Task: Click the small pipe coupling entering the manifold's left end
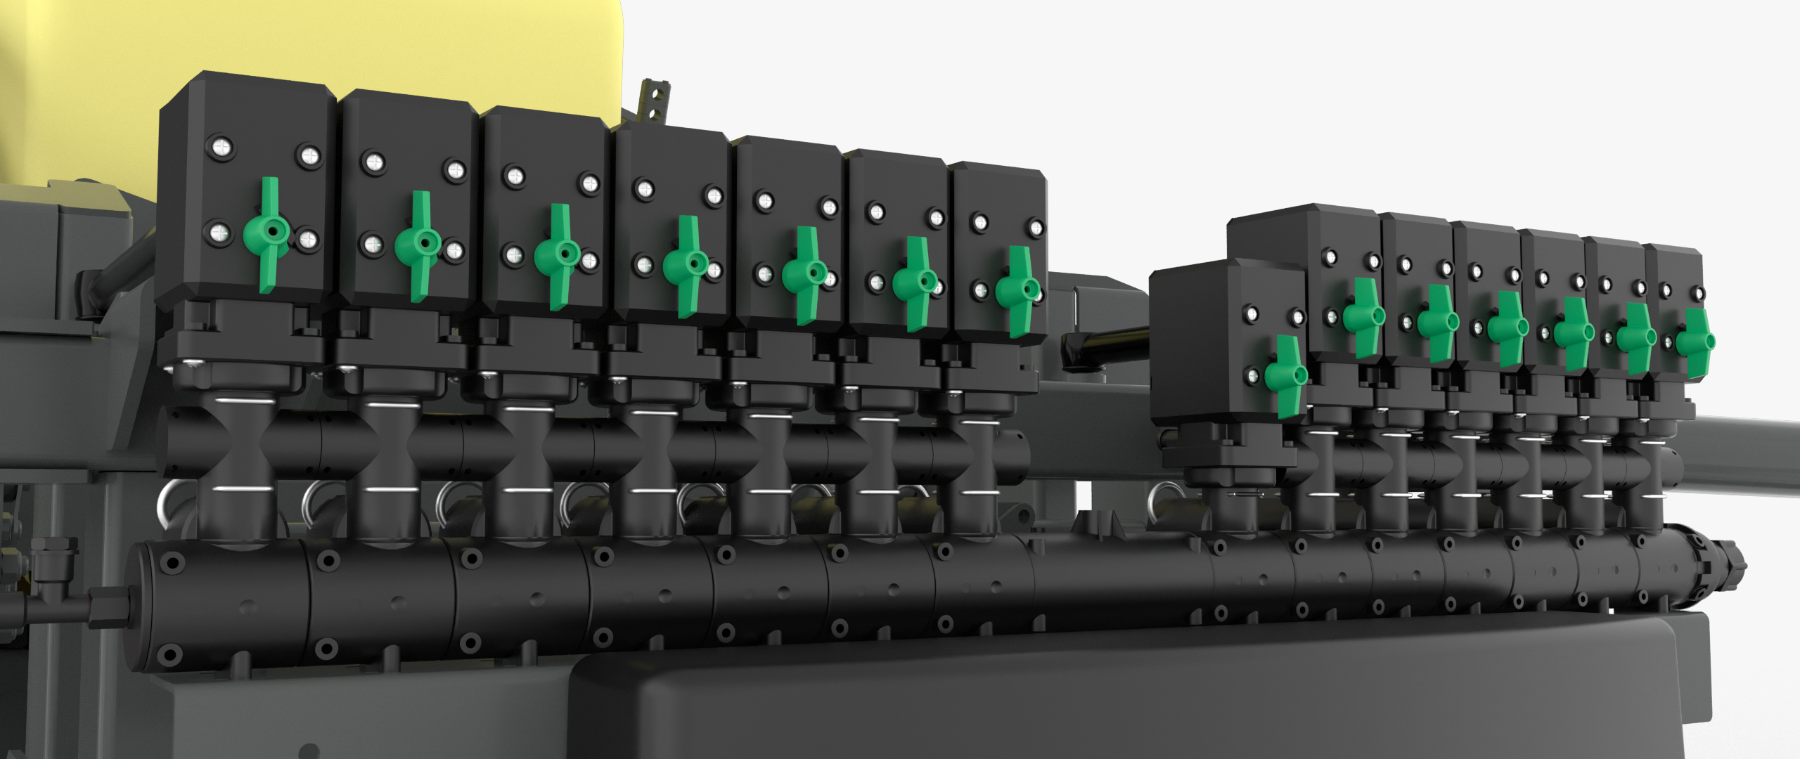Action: click(x=105, y=605)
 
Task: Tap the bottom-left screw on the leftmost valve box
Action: click(x=219, y=233)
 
